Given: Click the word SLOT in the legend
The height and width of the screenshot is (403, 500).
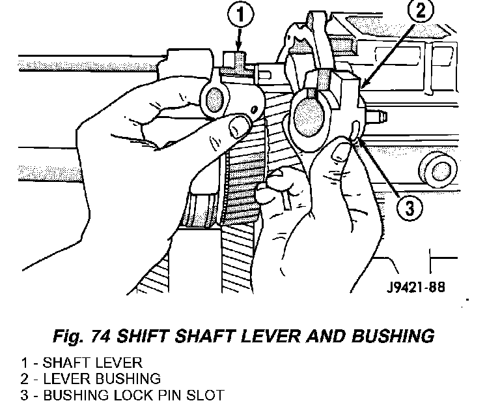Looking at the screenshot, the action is point(210,395).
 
